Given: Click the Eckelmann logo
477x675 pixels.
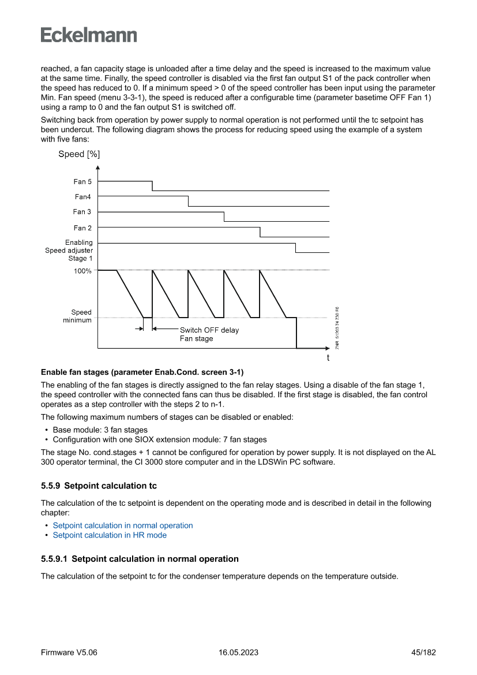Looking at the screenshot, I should pos(89,35).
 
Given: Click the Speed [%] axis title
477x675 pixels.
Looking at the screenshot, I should pos(79,154).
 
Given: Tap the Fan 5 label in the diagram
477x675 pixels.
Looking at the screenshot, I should pos(82,182).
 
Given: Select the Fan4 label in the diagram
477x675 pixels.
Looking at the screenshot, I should pos(82,197).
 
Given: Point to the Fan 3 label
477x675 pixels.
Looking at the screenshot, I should pos(82,212).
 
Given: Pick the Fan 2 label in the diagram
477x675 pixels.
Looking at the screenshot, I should pos(82,228).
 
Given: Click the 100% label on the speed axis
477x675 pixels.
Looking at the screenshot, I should pos(82,271).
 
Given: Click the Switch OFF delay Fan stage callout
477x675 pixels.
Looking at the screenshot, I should pos(209,334).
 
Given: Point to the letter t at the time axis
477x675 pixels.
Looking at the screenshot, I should pos(328,358).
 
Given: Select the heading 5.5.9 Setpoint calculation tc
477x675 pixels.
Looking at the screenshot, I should pos(99,486).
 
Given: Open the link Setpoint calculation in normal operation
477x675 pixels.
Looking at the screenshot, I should pos(123,525).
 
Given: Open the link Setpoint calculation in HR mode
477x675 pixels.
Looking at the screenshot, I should pos(110,535).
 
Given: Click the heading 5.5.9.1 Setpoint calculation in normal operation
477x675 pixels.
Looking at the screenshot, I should pos(140,559).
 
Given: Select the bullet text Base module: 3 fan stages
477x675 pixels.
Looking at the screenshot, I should pos(100,430).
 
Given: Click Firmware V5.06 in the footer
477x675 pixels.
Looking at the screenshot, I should pos(69,652).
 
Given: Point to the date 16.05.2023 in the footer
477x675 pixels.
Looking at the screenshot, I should pos(238,652).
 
